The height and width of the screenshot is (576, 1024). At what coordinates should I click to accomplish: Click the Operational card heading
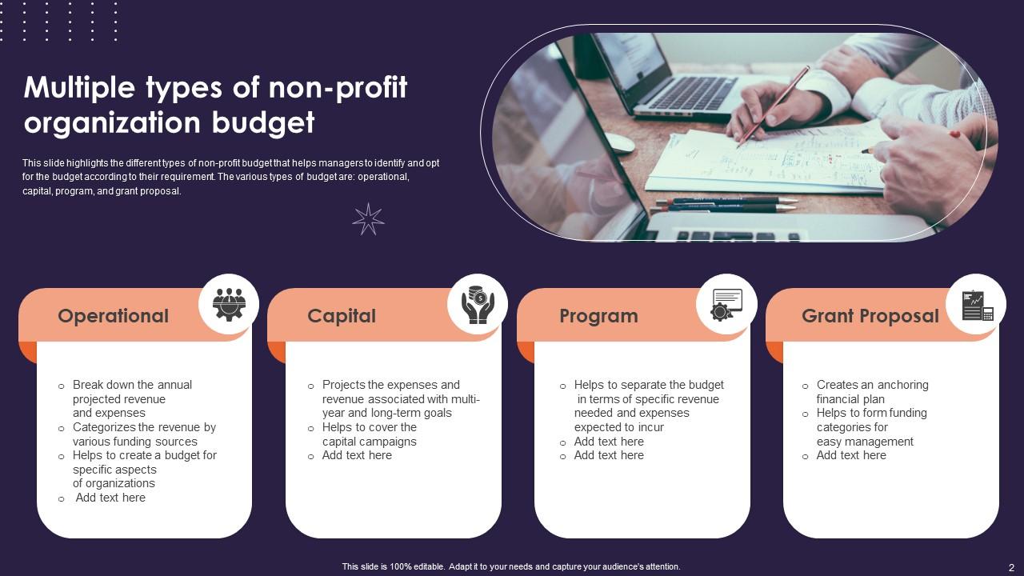[x=113, y=316]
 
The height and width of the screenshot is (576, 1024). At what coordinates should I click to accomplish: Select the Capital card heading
[x=342, y=316]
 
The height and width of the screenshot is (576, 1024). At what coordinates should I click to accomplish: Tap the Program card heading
[x=598, y=316]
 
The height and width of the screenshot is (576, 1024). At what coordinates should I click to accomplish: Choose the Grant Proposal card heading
[x=870, y=316]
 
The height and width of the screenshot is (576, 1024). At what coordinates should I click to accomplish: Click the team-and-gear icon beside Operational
[x=229, y=304]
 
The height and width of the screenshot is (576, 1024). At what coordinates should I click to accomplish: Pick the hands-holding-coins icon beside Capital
[x=478, y=304]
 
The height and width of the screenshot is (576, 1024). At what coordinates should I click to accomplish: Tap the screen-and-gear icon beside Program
[x=726, y=304]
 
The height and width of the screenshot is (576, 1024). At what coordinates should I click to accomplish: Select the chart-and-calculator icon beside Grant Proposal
[x=976, y=304]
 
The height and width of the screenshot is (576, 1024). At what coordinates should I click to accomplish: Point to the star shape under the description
[x=368, y=218]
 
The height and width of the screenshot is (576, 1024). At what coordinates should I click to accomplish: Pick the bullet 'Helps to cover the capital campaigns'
[x=369, y=434]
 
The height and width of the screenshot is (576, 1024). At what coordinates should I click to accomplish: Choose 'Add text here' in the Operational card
[x=110, y=498]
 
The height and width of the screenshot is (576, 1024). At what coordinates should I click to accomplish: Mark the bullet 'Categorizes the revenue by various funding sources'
[x=144, y=434]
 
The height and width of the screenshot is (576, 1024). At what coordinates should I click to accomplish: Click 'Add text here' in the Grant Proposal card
[x=851, y=455]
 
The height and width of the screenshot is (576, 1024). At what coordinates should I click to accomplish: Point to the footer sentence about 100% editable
[x=511, y=566]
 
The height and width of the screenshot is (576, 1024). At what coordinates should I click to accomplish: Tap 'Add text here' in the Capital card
[x=357, y=455]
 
